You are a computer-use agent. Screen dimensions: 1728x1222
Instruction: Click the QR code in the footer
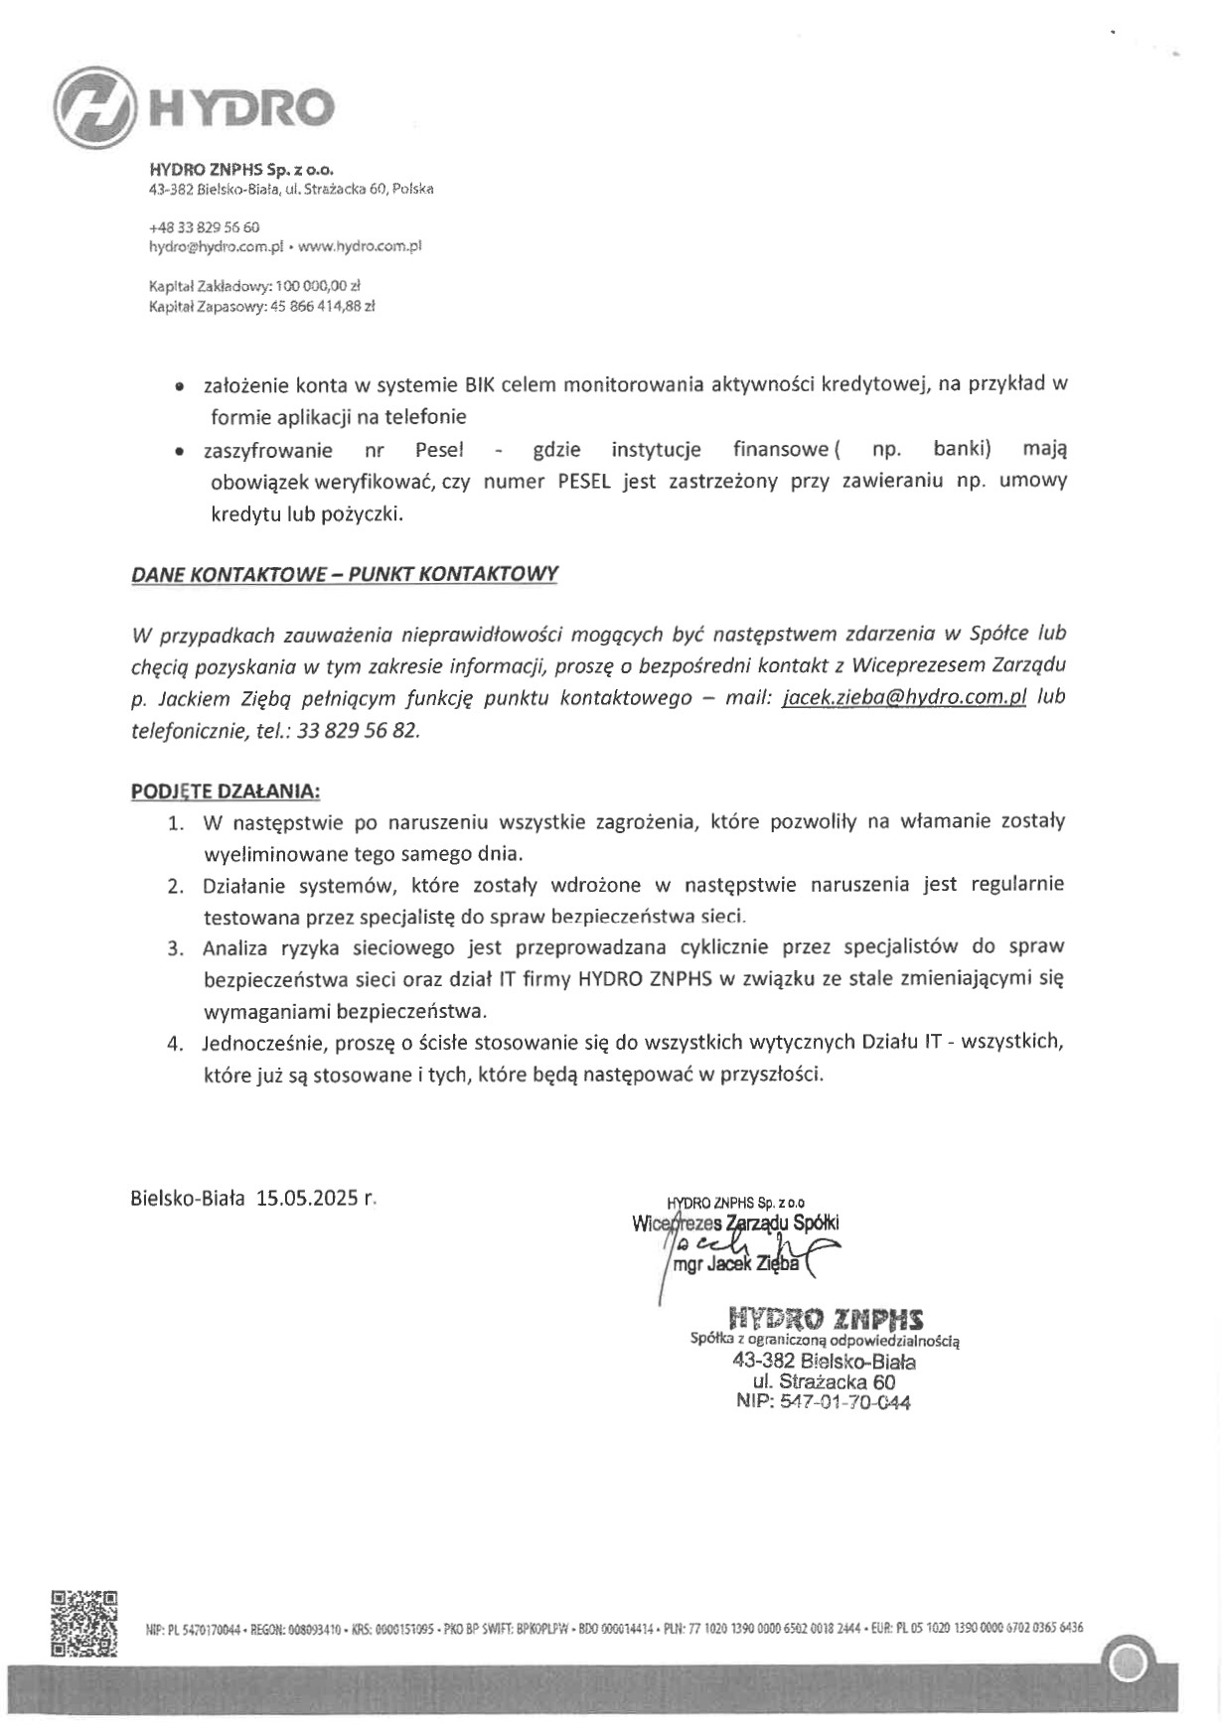point(84,1624)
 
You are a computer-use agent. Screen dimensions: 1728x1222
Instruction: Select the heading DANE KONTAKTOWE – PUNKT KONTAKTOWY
point(345,574)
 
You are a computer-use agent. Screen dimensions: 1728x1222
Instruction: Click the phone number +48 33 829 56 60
point(204,226)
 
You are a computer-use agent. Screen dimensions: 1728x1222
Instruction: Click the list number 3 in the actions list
point(175,948)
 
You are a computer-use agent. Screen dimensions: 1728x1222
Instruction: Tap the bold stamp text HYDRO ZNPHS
point(826,1319)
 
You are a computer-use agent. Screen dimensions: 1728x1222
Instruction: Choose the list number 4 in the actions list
point(175,1044)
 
